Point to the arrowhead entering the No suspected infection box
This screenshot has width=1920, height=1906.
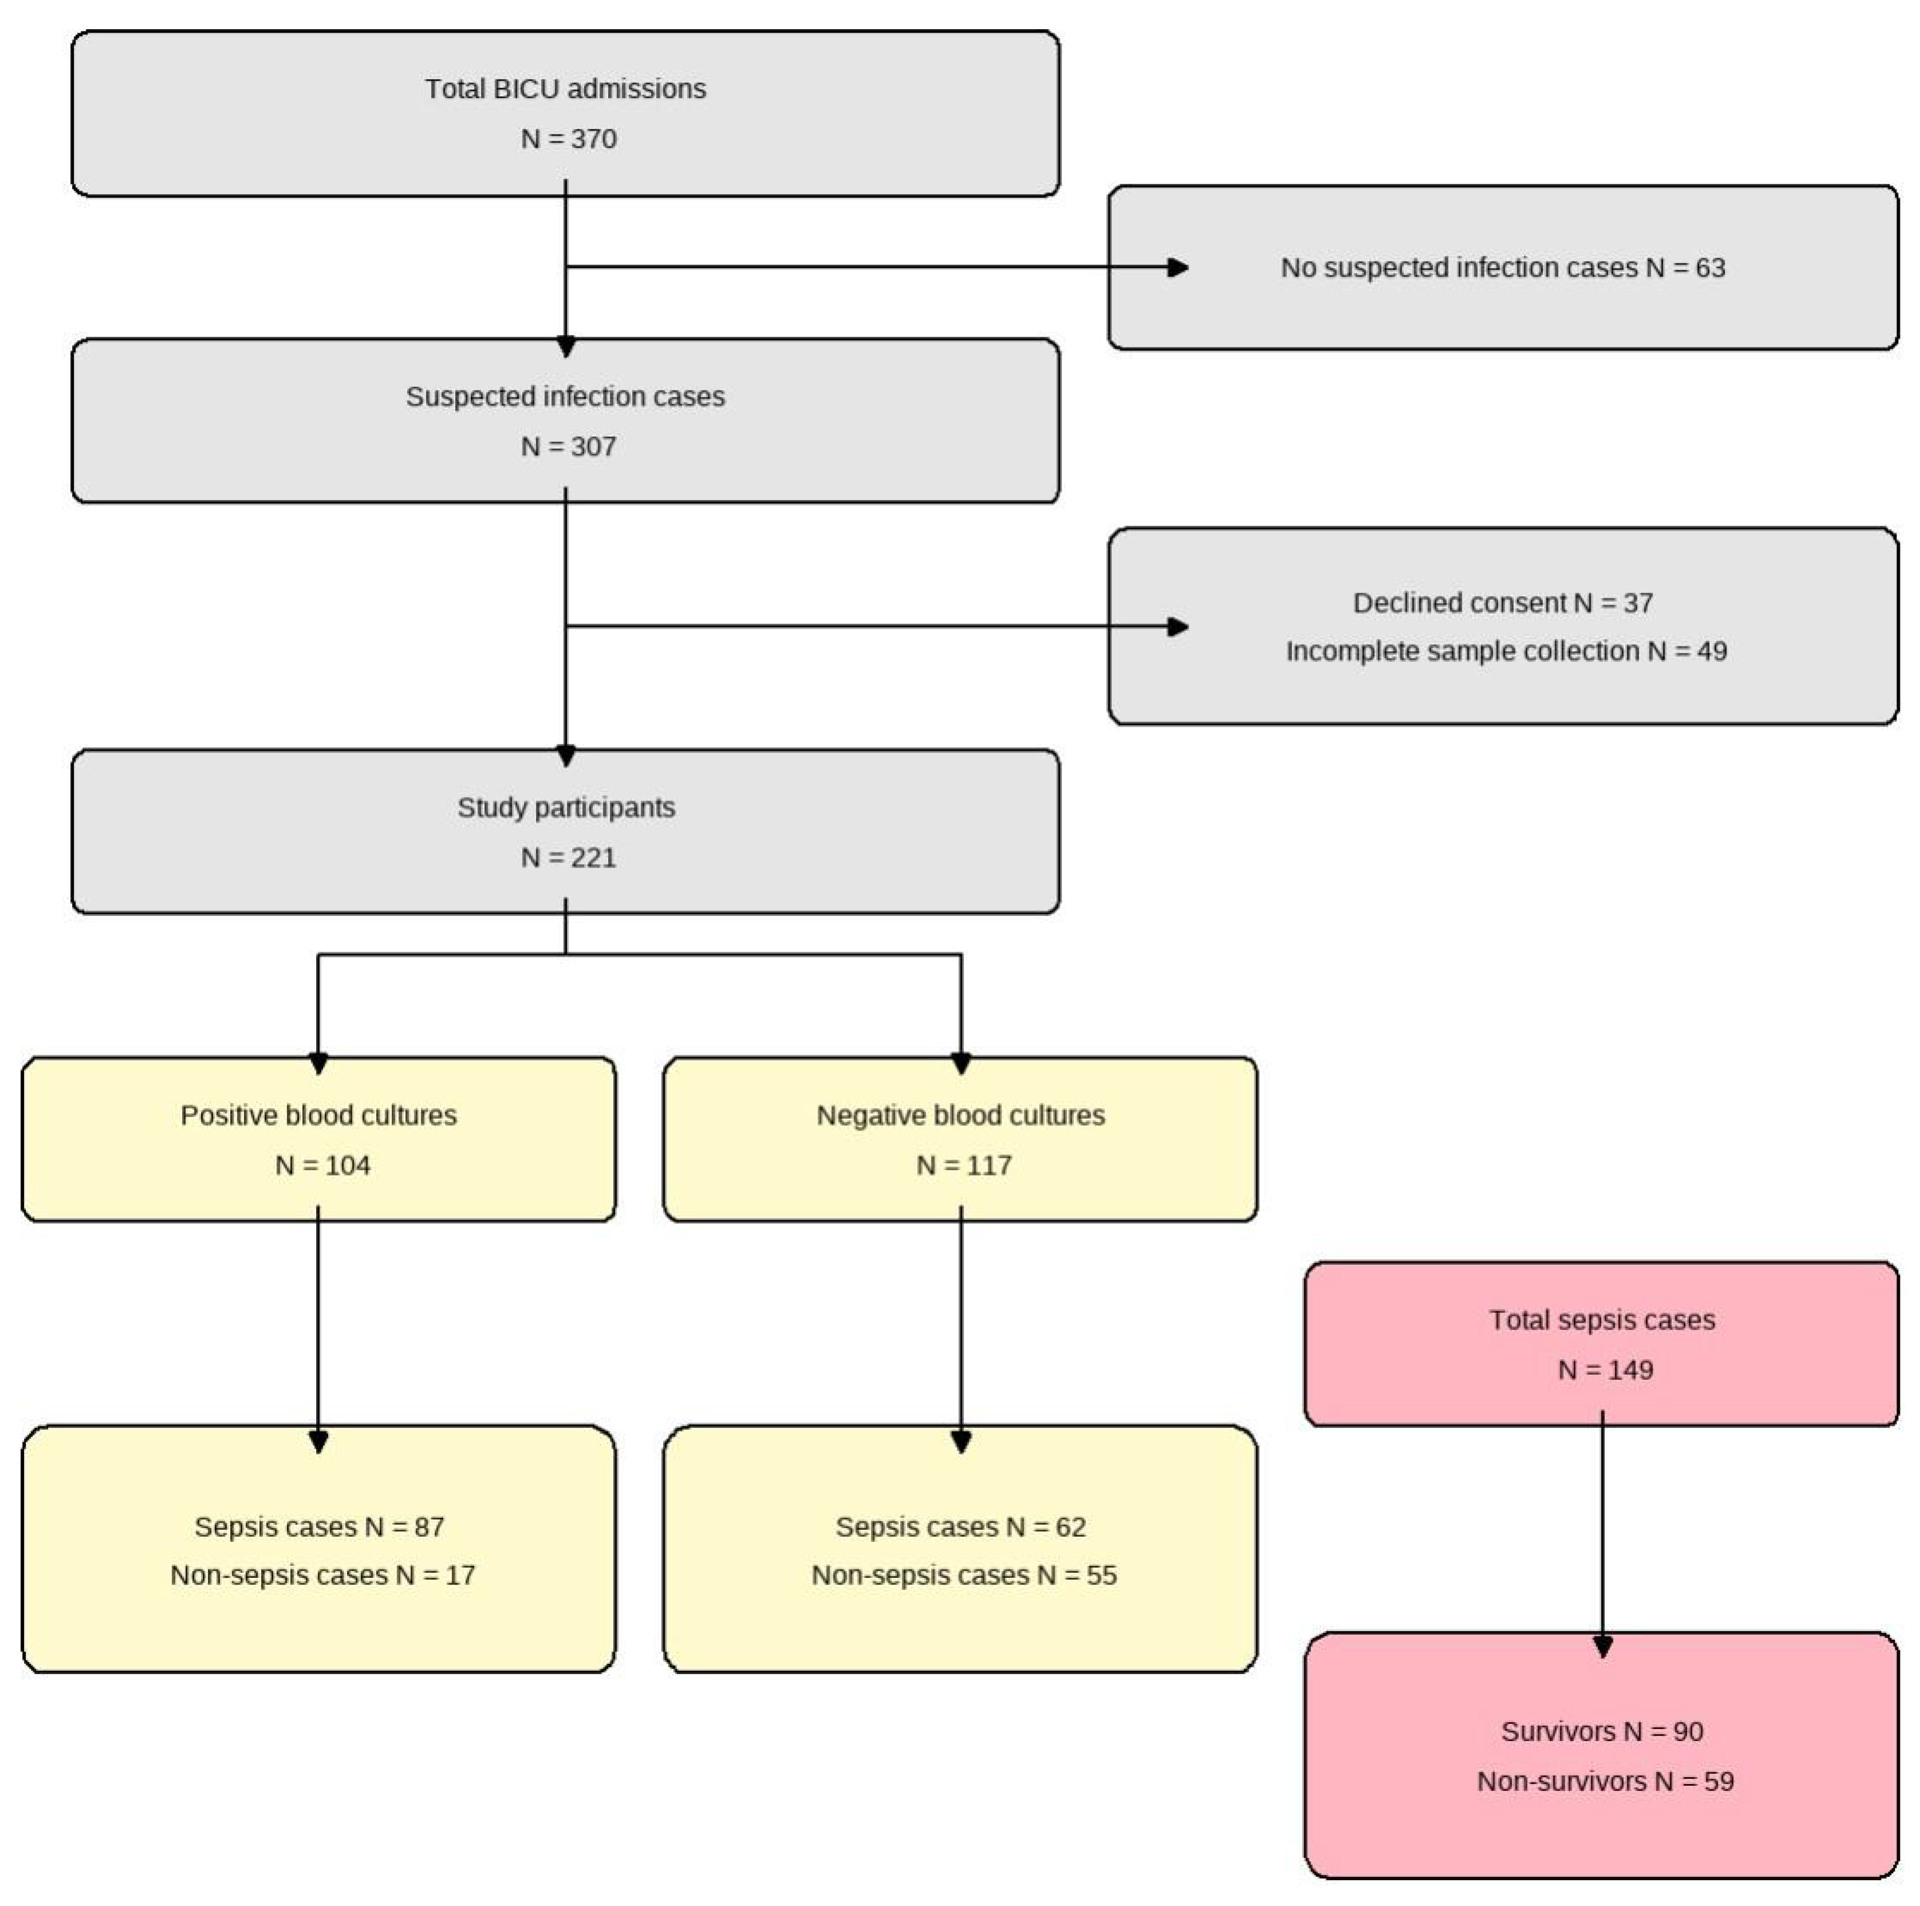[x=1178, y=267]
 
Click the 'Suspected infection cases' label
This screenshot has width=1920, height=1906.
[x=566, y=397]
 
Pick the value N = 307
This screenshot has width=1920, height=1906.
[x=569, y=446]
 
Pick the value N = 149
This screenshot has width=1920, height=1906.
[x=1605, y=1370]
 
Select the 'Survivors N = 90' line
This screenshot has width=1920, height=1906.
[x=1602, y=1731]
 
